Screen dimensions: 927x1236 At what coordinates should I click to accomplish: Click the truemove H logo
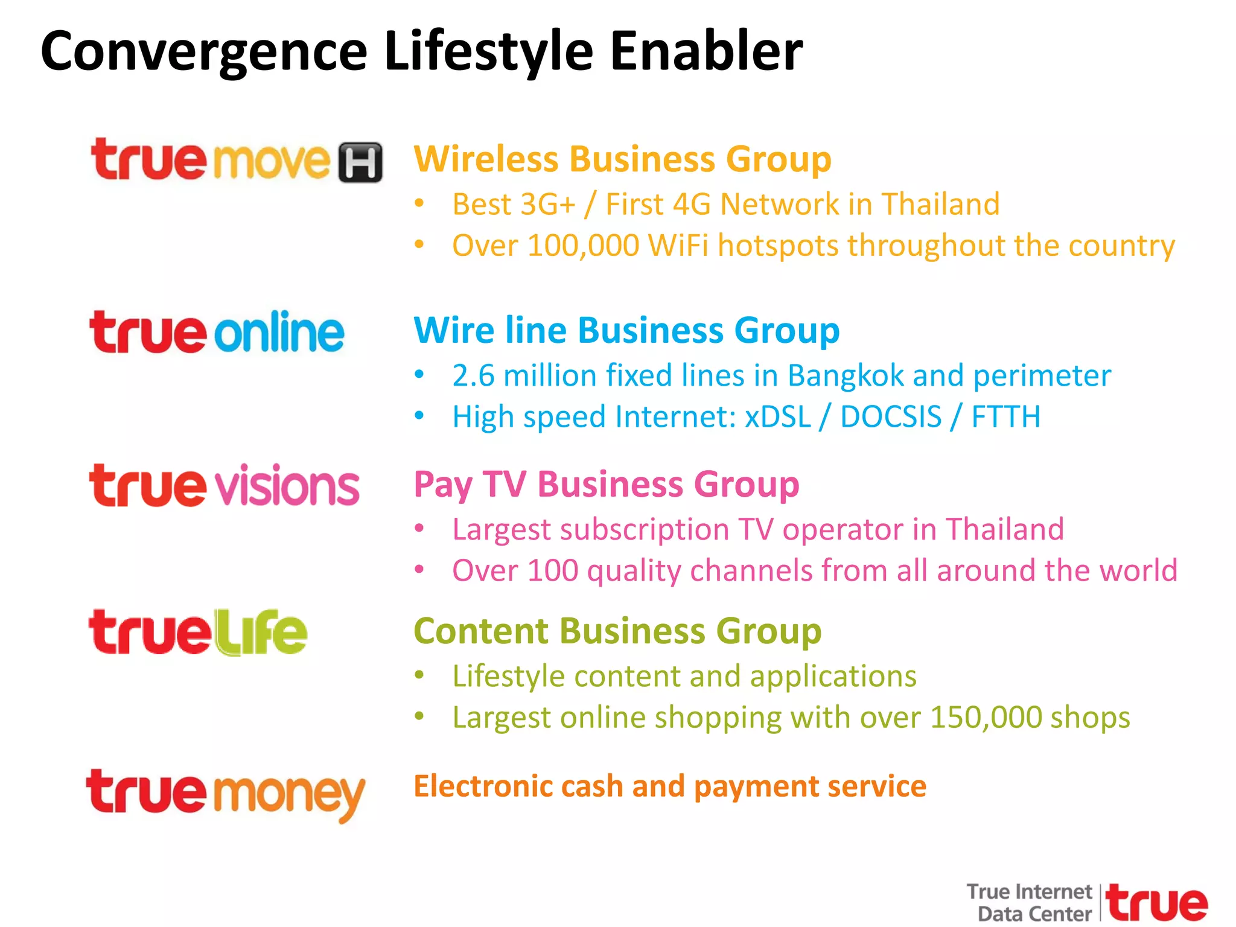[235, 161]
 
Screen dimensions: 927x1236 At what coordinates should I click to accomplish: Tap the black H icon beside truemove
[360, 162]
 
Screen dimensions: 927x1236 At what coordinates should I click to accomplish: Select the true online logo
[217, 333]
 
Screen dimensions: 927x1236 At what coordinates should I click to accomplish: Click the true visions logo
[224, 486]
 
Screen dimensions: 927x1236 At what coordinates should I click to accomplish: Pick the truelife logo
[198, 632]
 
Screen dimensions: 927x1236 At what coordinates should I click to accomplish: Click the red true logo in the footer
[1158, 903]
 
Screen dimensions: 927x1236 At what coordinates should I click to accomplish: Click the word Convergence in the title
[204, 52]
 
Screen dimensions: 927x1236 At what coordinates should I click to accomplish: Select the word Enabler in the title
[706, 52]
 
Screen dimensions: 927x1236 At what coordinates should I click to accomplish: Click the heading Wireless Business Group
[622, 159]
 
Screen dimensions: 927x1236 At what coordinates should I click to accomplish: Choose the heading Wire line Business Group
[626, 331]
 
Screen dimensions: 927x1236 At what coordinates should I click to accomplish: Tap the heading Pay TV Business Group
[606, 485]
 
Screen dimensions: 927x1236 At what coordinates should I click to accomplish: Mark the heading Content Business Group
[617, 631]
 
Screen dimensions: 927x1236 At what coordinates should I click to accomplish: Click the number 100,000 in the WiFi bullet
[583, 246]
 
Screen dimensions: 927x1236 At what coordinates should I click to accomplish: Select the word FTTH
[1006, 417]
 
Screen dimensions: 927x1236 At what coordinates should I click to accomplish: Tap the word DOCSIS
[890, 417]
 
